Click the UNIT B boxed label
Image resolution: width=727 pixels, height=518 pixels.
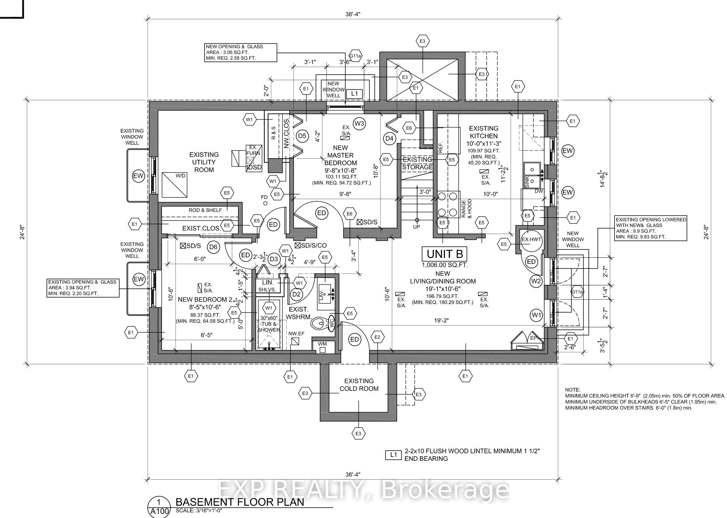pyautogui.click(x=445, y=254)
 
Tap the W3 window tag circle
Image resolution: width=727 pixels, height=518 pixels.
pyautogui.click(x=359, y=123)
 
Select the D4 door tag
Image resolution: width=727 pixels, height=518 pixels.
pyautogui.click(x=389, y=138)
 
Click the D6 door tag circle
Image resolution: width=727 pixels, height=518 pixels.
pyautogui.click(x=213, y=247)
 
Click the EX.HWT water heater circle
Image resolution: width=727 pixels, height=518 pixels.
pyautogui.click(x=531, y=239)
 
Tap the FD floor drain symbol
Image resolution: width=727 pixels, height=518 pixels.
pyautogui.click(x=265, y=203)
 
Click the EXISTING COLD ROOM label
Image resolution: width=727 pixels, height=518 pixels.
pyautogui.click(x=359, y=385)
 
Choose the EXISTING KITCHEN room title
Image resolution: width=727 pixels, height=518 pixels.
pyautogui.click(x=483, y=132)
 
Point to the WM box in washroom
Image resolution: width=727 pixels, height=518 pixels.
pyautogui.click(x=322, y=347)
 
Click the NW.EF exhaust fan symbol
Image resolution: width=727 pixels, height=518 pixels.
pyautogui.click(x=295, y=341)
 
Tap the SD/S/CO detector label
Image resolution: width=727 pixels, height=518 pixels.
pyautogui.click(x=311, y=245)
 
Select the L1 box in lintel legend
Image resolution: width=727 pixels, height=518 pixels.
pyautogui.click(x=393, y=454)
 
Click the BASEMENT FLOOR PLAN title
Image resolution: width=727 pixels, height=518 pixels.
pyautogui.click(x=240, y=502)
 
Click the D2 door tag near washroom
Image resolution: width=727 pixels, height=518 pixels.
pyautogui.click(x=297, y=294)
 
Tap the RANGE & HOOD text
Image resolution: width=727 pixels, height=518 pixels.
pyautogui.click(x=466, y=209)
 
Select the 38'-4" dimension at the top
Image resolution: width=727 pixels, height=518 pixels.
pyautogui.click(x=353, y=14)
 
